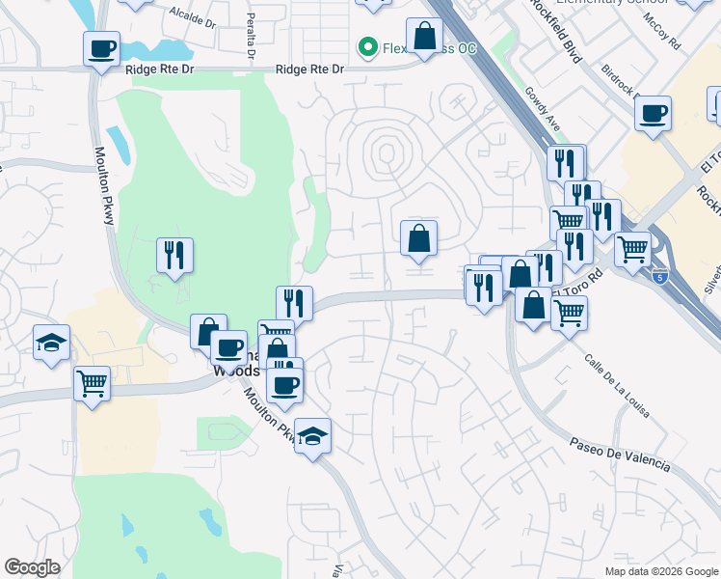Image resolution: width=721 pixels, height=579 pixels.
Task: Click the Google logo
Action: (x=33, y=567)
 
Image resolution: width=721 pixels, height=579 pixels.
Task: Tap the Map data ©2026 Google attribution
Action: (x=660, y=571)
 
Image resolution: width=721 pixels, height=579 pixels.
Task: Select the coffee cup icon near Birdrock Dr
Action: (x=653, y=112)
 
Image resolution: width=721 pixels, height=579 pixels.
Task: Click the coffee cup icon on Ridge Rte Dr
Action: (x=101, y=47)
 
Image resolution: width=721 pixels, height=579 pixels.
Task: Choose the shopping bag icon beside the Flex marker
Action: (x=424, y=36)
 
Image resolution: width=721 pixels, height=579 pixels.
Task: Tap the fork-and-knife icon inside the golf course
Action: (x=174, y=255)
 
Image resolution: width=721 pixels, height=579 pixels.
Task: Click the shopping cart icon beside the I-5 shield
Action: (x=632, y=248)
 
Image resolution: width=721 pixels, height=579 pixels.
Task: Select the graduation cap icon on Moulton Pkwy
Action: (x=312, y=435)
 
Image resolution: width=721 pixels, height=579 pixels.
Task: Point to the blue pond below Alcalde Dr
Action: (x=154, y=50)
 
